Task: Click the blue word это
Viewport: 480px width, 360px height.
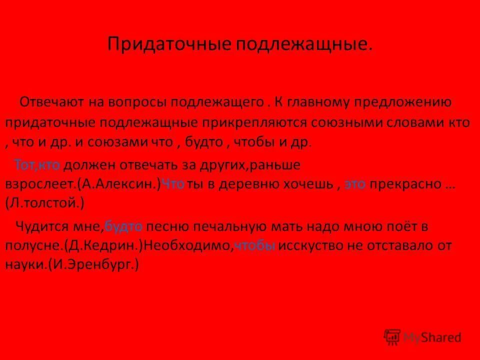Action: point(355,184)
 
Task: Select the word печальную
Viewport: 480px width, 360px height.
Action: point(222,226)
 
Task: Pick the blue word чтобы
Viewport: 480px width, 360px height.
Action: point(255,246)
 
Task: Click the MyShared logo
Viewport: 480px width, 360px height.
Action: point(423,337)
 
